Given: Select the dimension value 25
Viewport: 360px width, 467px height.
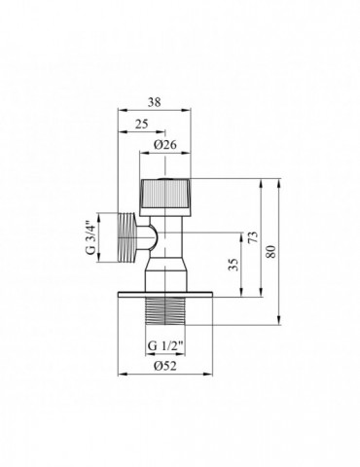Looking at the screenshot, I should click(142, 124).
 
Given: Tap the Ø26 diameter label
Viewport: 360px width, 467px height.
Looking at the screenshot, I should click(163, 147).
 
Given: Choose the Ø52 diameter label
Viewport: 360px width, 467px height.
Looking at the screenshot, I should click(162, 367).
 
